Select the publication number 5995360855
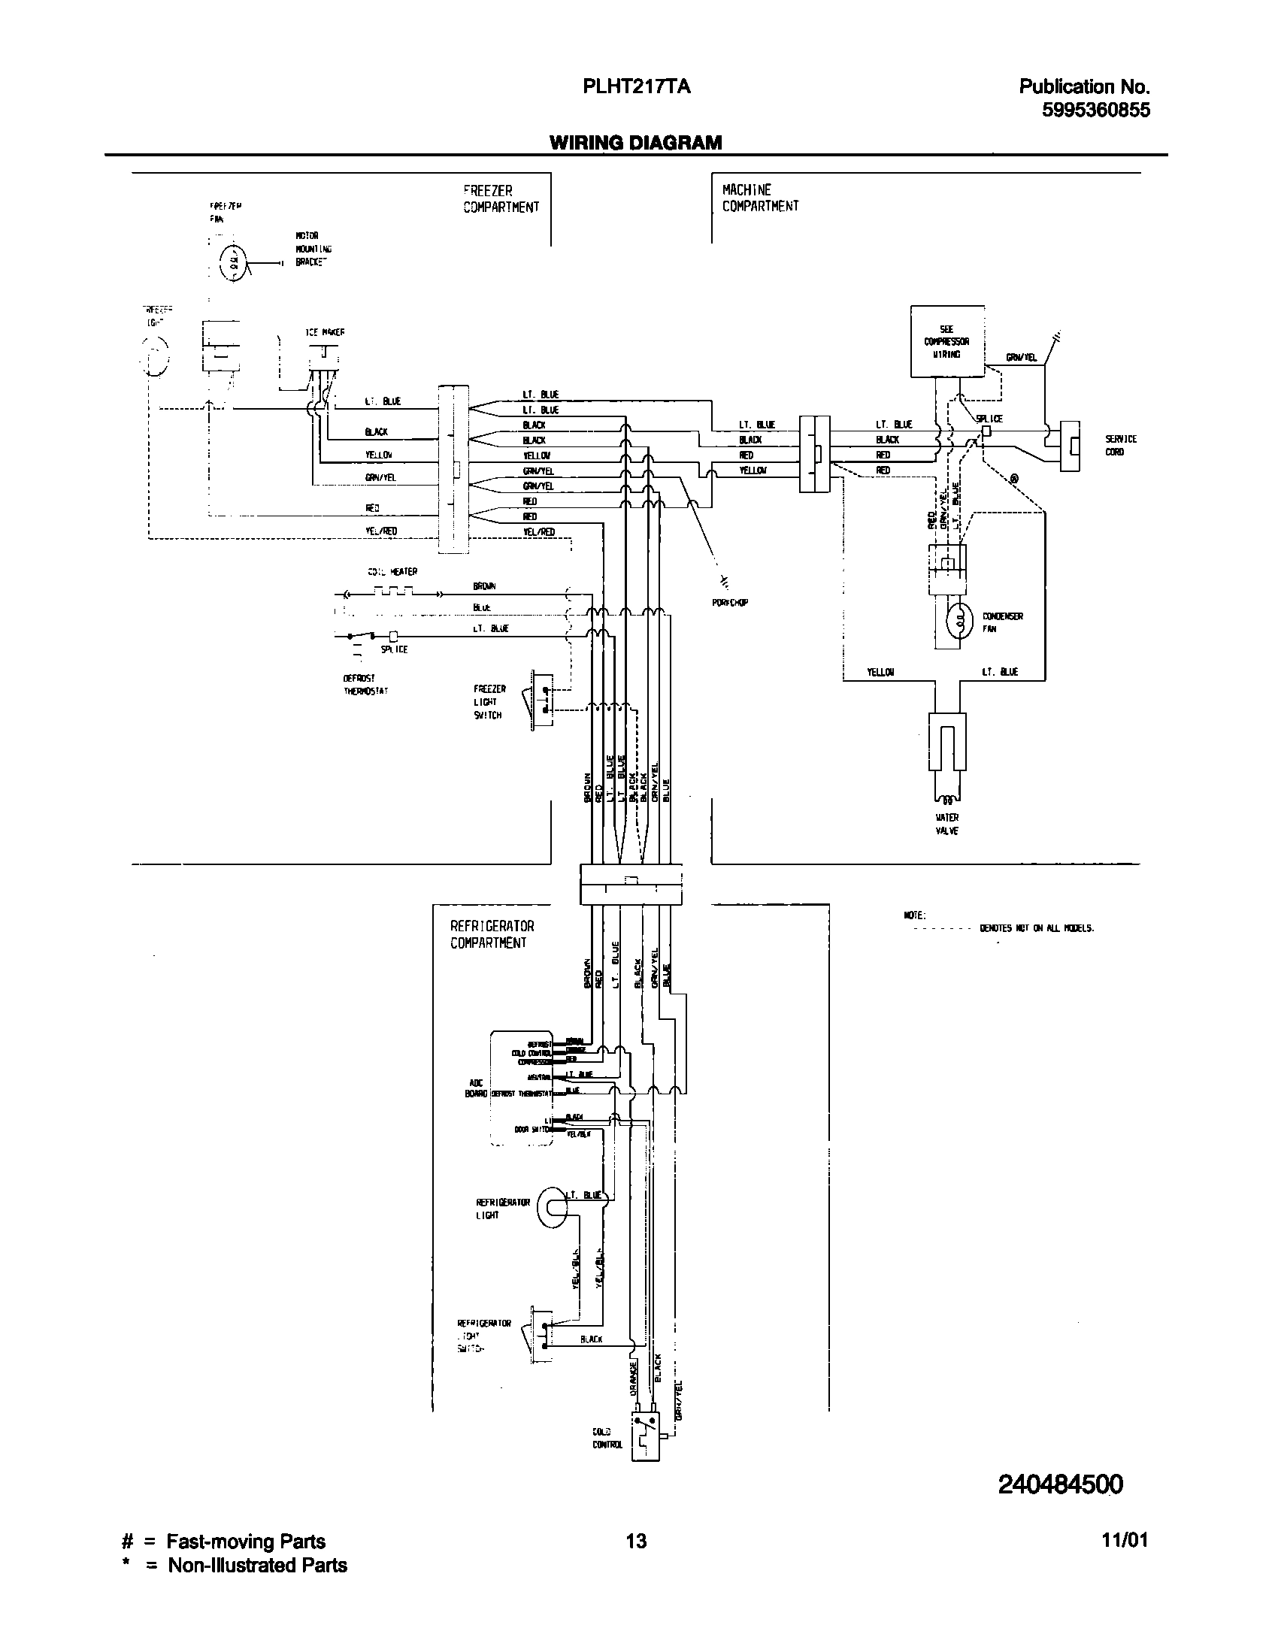pyautogui.click(x=1095, y=110)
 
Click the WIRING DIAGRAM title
pyautogui.click(x=635, y=143)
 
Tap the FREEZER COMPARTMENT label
pyautogui.click(x=501, y=199)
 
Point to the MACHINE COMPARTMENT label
pyautogui.click(x=760, y=198)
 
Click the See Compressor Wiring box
pyautogui.click(x=946, y=341)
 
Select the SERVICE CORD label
pyautogui.click(x=1120, y=445)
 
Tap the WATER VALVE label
pyautogui.click(x=947, y=824)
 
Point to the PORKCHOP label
pyautogui.click(x=729, y=602)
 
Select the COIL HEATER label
pyautogui.click(x=392, y=572)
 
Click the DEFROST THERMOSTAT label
pyautogui.click(x=365, y=685)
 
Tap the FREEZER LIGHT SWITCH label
pyautogui.click(x=489, y=702)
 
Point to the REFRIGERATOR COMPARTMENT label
pyautogui.click(x=492, y=935)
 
